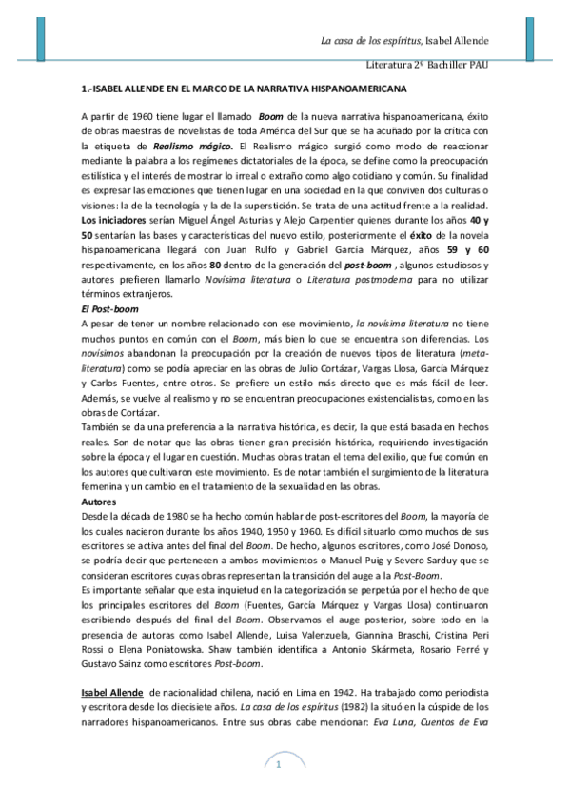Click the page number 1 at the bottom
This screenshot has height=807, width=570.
pyautogui.click(x=279, y=765)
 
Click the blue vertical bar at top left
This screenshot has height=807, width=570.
pyautogui.click(x=40, y=34)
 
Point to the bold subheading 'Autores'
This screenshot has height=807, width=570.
pyautogui.click(x=100, y=501)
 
